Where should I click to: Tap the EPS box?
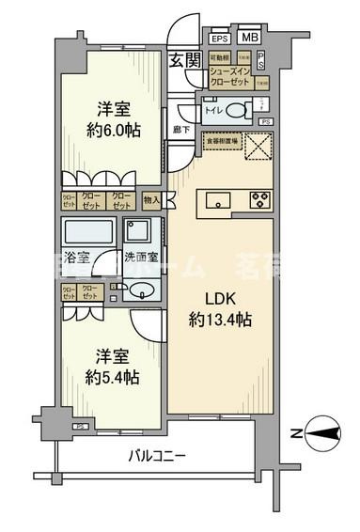pos(219,39)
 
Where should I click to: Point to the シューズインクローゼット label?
pos(229,76)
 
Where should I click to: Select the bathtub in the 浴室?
pos(88,232)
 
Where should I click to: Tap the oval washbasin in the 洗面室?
pos(141,291)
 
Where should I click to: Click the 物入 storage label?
pos(152,200)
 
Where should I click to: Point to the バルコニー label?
pos(158,456)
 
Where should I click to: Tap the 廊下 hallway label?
pos(180,128)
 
